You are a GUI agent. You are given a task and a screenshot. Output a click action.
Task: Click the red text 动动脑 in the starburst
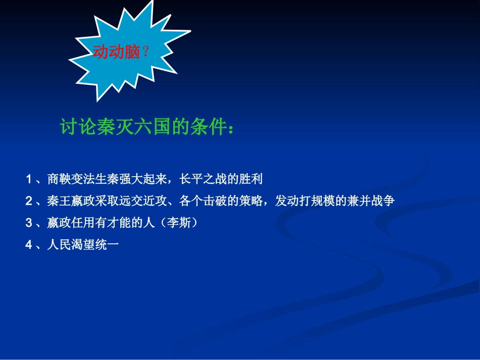click(116, 52)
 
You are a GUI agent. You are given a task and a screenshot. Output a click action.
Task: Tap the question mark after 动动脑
click(146, 52)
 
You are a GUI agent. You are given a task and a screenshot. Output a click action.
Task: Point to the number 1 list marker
click(29, 179)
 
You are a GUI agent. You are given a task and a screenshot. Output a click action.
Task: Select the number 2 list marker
click(29, 201)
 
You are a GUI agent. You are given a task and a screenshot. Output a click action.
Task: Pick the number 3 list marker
click(29, 223)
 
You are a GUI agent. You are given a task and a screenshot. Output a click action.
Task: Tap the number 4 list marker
click(29, 245)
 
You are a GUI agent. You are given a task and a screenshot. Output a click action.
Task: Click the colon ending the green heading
click(231, 129)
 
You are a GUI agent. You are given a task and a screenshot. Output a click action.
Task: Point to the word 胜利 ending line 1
click(253, 179)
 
